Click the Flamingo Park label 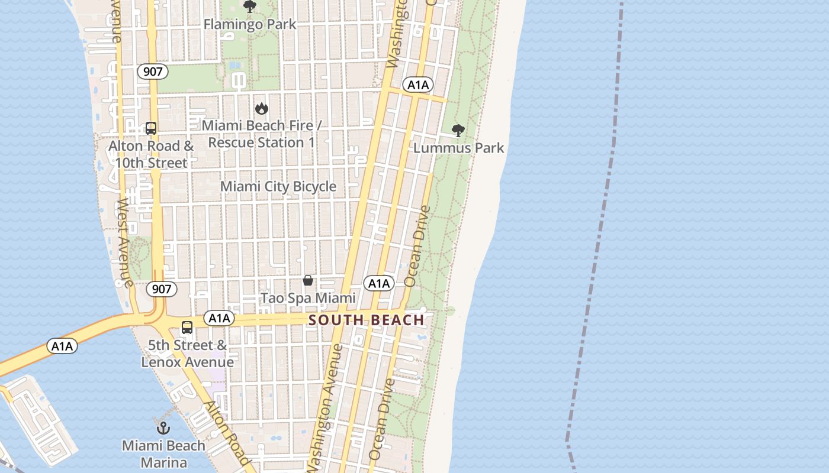pyautogui.click(x=250, y=24)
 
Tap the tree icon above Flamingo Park pyautogui.click(x=250, y=7)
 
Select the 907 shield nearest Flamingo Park pyautogui.click(x=153, y=72)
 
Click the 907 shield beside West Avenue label pyautogui.click(x=161, y=289)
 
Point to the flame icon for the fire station pyautogui.click(x=261, y=108)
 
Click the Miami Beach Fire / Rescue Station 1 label pyautogui.click(x=261, y=134)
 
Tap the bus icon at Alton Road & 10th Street pyautogui.click(x=151, y=128)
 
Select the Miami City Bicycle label pyautogui.click(x=278, y=187)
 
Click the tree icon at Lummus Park pyautogui.click(x=458, y=131)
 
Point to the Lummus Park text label pyautogui.click(x=458, y=148)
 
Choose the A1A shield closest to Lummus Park pyautogui.click(x=418, y=85)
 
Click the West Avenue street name pyautogui.click(x=124, y=242)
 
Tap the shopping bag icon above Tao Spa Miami pyautogui.click(x=308, y=280)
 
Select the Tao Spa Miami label pyautogui.click(x=308, y=298)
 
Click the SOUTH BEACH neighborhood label pyautogui.click(x=367, y=320)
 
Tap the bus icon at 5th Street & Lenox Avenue pyautogui.click(x=187, y=327)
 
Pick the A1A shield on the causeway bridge pyautogui.click(x=62, y=346)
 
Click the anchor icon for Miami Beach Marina pyautogui.click(x=163, y=428)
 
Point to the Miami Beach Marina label pyautogui.click(x=163, y=454)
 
